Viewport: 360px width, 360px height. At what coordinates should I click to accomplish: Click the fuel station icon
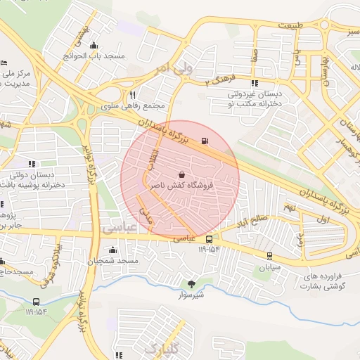coord(205,141)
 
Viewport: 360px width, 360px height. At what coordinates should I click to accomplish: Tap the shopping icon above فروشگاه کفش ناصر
coord(182,174)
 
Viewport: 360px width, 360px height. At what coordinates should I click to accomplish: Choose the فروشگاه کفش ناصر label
coord(182,186)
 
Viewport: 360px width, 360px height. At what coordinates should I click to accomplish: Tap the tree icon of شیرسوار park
coord(191,283)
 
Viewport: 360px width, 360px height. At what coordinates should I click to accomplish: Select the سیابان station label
coord(269,267)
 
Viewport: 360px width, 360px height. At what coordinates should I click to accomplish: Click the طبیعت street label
coord(292,25)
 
